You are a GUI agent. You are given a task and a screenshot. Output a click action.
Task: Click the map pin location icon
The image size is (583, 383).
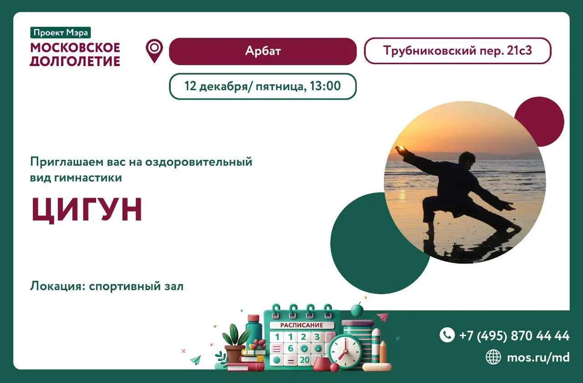click(x=154, y=50)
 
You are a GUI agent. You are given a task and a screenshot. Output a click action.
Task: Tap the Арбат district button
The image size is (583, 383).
click(x=262, y=51)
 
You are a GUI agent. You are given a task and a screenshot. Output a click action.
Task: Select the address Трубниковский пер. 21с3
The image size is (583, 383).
click(x=457, y=51)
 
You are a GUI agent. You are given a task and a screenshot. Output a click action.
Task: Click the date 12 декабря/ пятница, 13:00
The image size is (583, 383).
click(x=262, y=86)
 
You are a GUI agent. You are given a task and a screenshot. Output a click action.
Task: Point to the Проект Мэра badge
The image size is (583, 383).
click(x=61, y=33)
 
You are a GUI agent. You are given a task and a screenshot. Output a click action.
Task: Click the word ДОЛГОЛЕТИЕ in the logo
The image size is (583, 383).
click(x=75, y=61)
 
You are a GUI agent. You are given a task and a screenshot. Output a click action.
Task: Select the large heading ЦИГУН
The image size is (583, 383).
click(x=87, y=210)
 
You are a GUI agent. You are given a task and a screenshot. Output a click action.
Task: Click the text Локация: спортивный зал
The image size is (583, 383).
click(x=107, y=286)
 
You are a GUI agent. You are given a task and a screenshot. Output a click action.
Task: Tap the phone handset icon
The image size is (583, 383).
click(x=447, y=335)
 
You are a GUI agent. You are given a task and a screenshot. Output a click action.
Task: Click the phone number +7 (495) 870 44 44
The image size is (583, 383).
click(x=514, y=336)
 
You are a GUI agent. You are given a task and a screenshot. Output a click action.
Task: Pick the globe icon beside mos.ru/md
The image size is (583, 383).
click(x=493, y=357)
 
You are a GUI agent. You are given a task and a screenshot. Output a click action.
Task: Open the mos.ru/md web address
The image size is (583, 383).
click(x=538, y=357)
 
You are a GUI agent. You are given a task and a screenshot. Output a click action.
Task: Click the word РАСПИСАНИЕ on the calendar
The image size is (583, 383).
click(x=302, y=325)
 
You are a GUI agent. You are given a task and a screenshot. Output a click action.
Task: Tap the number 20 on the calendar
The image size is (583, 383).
click(x=304, y=360)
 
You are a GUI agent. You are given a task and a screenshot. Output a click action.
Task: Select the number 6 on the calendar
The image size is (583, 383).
click(x=290, y=348)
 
